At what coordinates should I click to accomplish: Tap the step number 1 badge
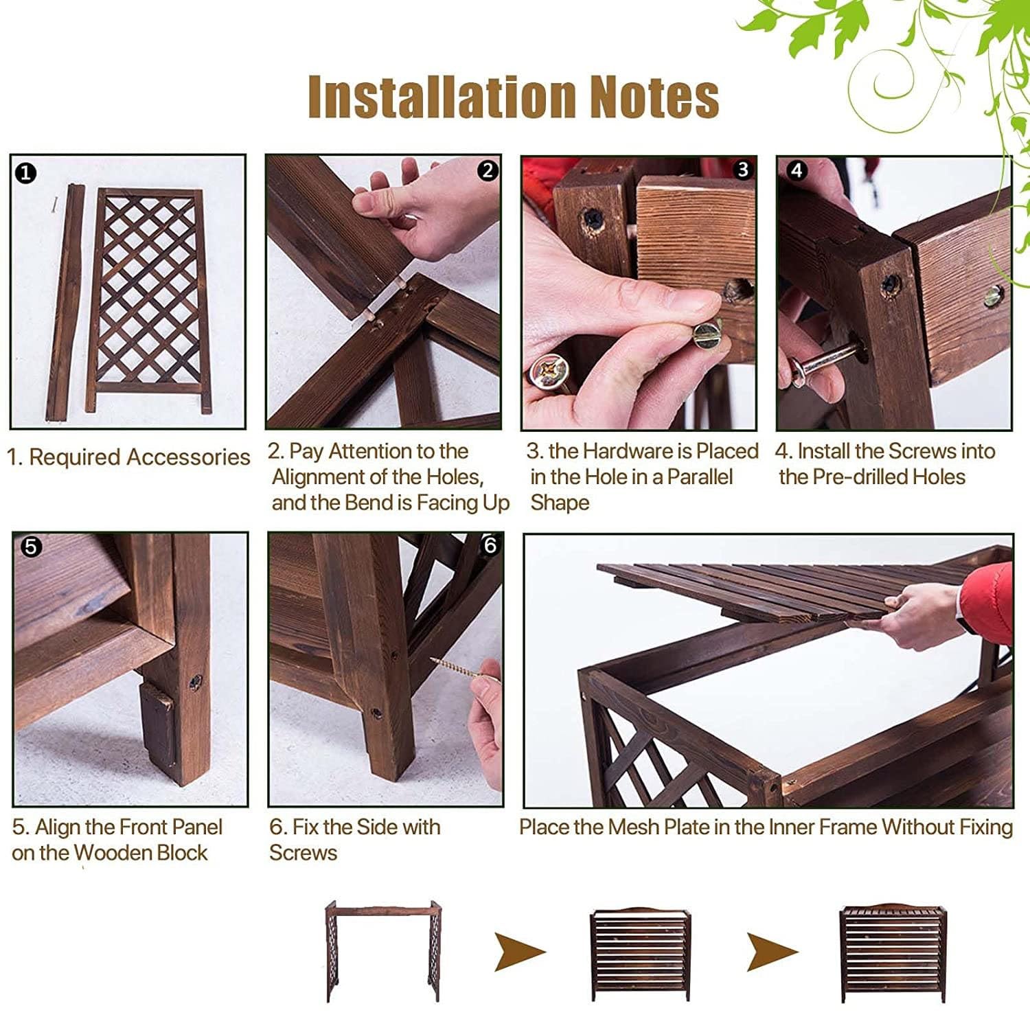(25, 172)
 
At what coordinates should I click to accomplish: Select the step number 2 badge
(488, 170)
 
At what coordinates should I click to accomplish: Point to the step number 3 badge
(742, 170)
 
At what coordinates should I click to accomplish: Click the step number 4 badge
(797, 170)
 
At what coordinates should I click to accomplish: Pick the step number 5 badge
(31, 547)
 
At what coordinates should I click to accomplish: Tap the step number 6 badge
(490, 545)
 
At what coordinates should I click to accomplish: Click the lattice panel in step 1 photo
(149, 301)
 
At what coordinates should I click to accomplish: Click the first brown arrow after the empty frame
(520, 952)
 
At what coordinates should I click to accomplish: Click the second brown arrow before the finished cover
(772, 952)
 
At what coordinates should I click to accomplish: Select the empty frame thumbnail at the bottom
(382, 952)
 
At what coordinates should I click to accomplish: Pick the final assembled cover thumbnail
(893, 951)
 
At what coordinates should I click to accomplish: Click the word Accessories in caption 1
(188, 457)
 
